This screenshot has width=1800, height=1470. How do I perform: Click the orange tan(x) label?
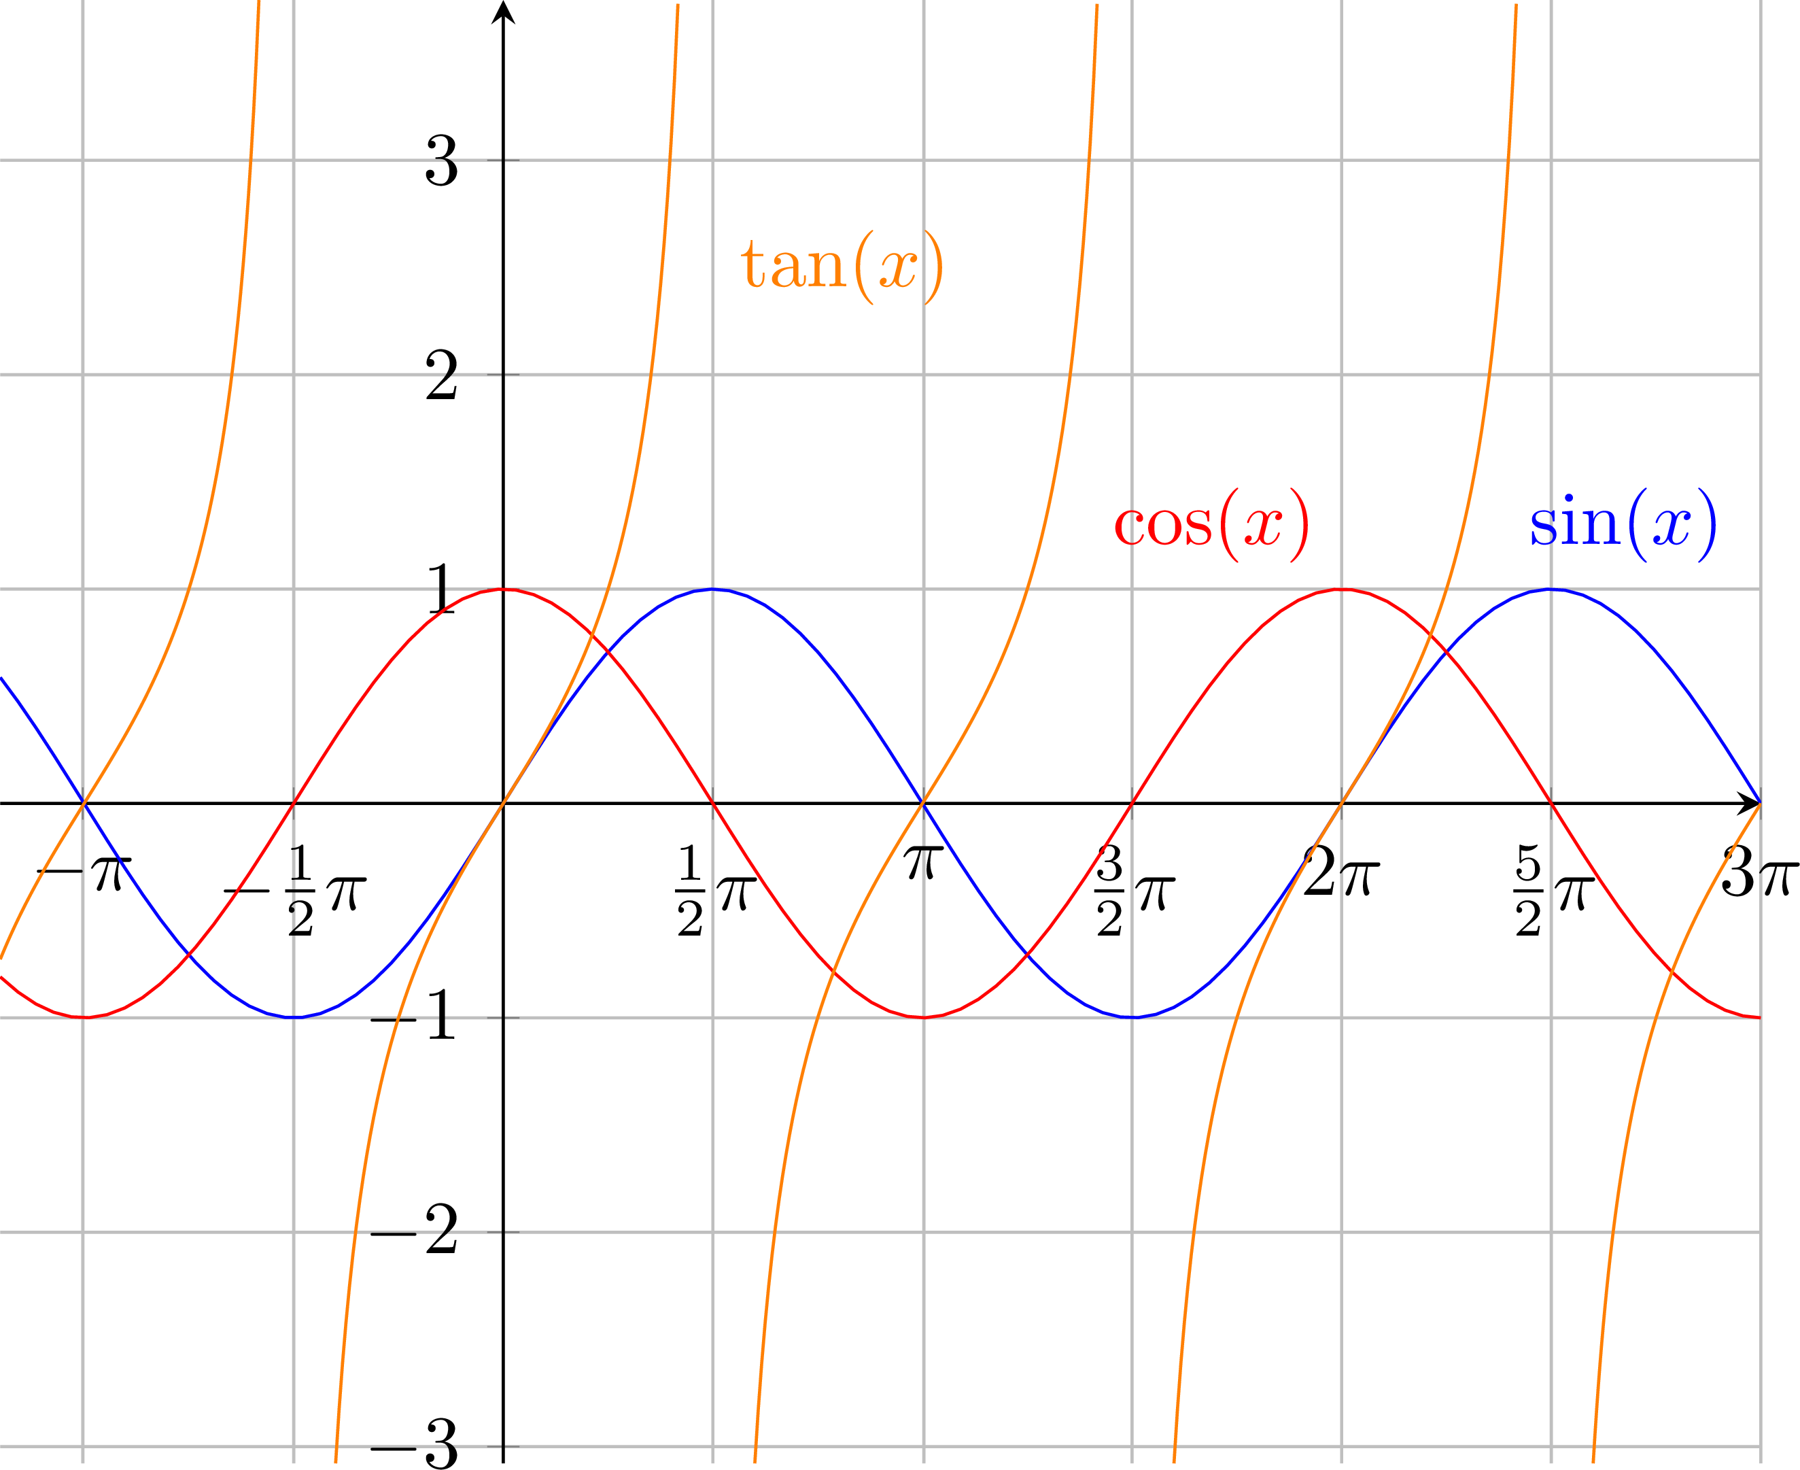[x=842, y=266]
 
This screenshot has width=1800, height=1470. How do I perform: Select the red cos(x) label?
[x=1211, y=525]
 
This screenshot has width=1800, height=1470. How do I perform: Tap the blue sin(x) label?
[x=1622, y=525]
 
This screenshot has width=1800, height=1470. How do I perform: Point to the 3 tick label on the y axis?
[x=441, y=161]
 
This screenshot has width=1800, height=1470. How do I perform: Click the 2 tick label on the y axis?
[x=441, y=375]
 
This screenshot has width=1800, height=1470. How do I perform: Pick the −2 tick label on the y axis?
[x=415, y=1232]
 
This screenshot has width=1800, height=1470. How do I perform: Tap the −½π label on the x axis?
[x=294, y=891]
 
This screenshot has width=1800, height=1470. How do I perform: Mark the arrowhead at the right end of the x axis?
[x=1749, y=803]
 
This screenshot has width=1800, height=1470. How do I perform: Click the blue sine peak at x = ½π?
[x=713, y=589]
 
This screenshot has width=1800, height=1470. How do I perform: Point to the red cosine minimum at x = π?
[x=923, y=1017]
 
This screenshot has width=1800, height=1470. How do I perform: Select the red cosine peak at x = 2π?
[x=1342, y=589]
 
